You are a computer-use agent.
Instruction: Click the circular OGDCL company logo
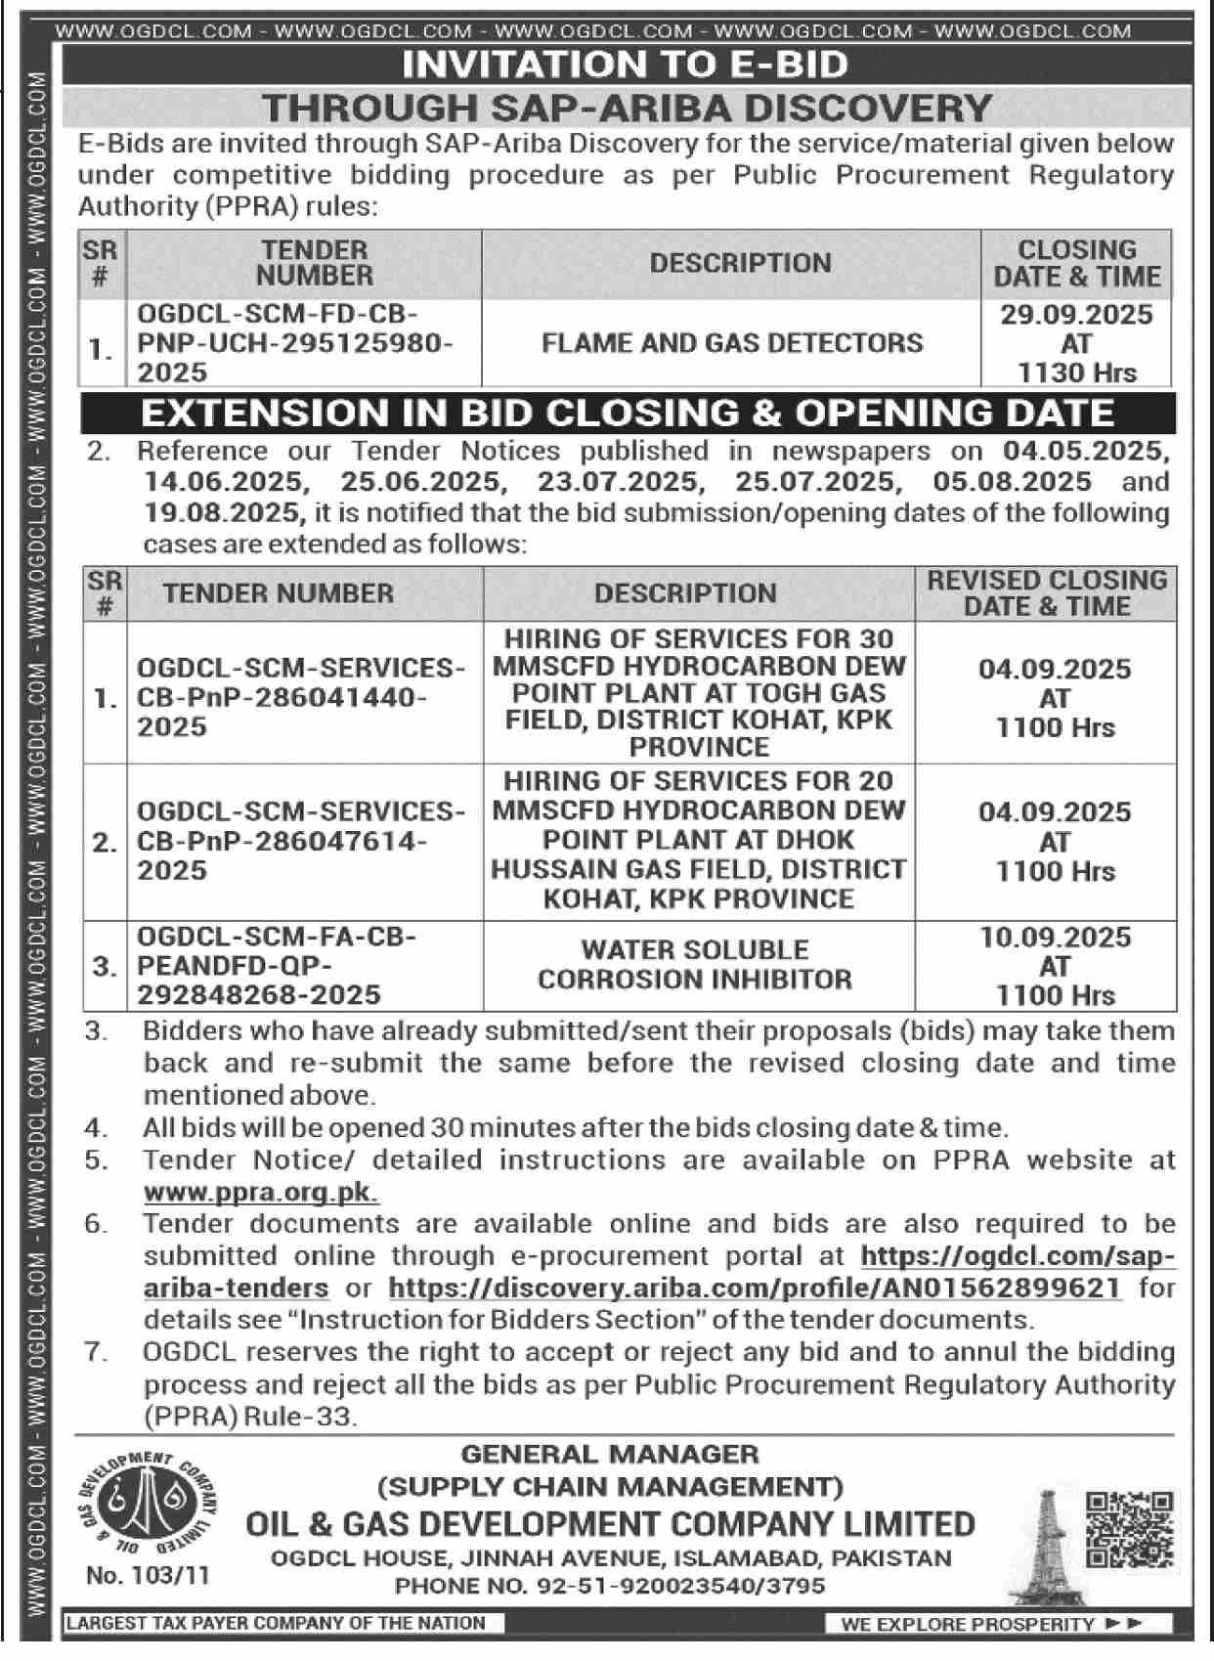[145, 1508]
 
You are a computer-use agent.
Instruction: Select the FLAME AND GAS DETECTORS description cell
[731, 343]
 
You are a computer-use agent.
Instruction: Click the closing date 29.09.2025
[1075, 315]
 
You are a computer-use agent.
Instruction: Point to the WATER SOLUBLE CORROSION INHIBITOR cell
[694, 964]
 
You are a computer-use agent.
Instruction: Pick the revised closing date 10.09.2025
[1055, 938]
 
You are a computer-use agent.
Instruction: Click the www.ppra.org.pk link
[261, 1193]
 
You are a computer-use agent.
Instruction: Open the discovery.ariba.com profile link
[754, 1288]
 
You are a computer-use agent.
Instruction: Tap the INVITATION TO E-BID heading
[626, 65]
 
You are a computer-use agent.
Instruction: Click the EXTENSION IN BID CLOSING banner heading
[628, 413]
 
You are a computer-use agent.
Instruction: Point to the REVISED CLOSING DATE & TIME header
[1047, 592]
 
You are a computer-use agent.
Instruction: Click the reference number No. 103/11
[148, 1575]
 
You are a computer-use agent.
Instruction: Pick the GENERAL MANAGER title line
[610, 1455]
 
